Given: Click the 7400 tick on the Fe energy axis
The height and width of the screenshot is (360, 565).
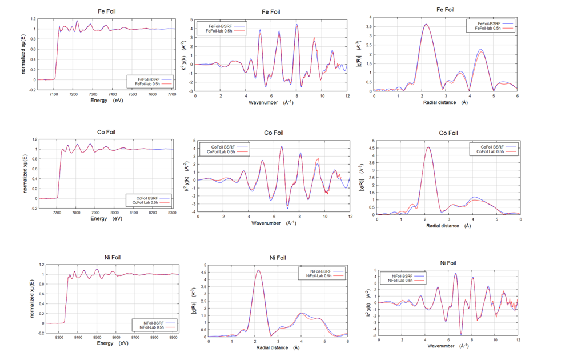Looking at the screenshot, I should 113,94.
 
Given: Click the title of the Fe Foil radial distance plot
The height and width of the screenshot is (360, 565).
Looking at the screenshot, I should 445,10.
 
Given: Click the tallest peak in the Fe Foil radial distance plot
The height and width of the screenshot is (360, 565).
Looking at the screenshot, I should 426,24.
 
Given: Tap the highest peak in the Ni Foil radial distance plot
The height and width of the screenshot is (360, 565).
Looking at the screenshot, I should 259,270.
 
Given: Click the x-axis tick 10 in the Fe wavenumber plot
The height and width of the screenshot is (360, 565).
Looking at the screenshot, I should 313,96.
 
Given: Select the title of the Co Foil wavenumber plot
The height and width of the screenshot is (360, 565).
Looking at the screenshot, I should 274,133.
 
